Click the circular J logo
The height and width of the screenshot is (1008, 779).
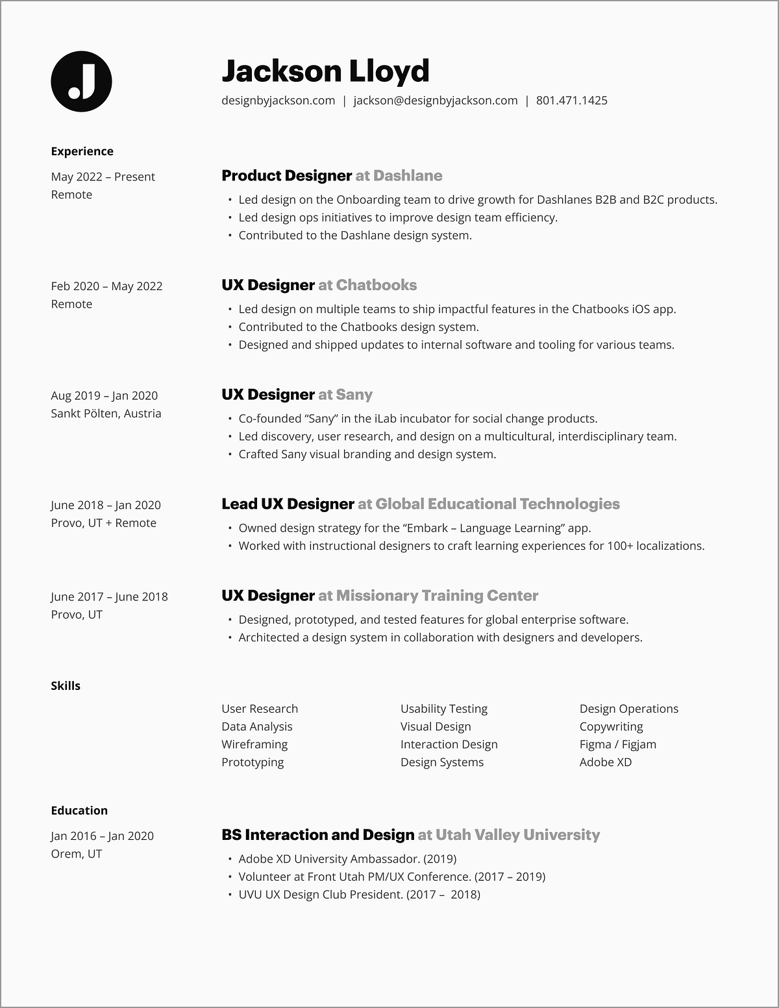tap(81, 81)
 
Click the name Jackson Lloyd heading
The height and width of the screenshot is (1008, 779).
tap(325, 71)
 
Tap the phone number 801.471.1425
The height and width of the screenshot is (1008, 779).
tap(571, 101)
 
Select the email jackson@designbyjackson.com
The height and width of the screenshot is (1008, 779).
tap(435, 101)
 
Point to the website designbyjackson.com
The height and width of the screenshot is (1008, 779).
tap(278, 101)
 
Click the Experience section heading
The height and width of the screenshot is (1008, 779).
tap(82, 151)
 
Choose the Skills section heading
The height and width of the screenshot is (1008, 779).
tap(66, 686)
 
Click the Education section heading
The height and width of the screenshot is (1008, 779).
tap(79, 811)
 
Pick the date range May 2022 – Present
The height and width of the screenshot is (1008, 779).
tap(103, 177)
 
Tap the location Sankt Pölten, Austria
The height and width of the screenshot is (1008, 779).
tap(106, 413)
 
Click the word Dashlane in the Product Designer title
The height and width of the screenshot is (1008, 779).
tap(408, 176)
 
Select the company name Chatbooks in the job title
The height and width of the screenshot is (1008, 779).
tap(377, 286)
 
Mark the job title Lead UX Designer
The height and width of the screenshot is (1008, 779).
tap(288, 504)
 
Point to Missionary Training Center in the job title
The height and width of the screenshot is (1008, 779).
tap(437, 596)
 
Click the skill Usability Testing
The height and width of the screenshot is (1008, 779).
tap(444, 709)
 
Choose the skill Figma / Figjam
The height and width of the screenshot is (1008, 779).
tap(617, 744)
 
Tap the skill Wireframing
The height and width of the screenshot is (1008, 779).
tap(254, 744)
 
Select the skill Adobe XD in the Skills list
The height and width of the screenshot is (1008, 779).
tap(605, 762)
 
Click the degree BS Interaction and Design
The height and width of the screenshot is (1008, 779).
tap(317, 835)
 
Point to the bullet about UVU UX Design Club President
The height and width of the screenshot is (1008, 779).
tap(359, 894)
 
